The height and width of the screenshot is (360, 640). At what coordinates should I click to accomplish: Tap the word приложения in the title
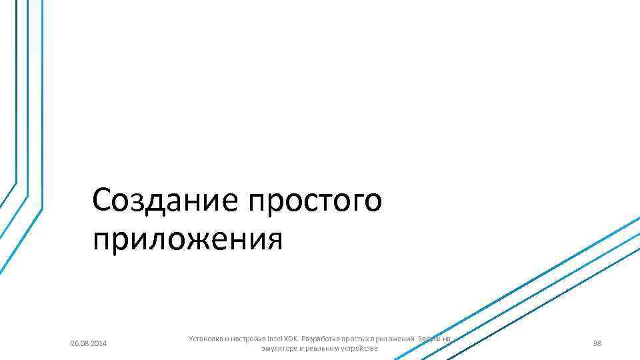pos(188,239)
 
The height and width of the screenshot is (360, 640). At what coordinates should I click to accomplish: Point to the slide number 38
pos(597,343)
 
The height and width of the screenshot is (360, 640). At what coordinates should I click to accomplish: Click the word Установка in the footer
pos(206,339)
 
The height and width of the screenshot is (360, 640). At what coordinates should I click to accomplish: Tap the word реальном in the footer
pos(324,349)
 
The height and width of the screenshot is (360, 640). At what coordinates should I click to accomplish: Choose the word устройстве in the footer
pos(360,349)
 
